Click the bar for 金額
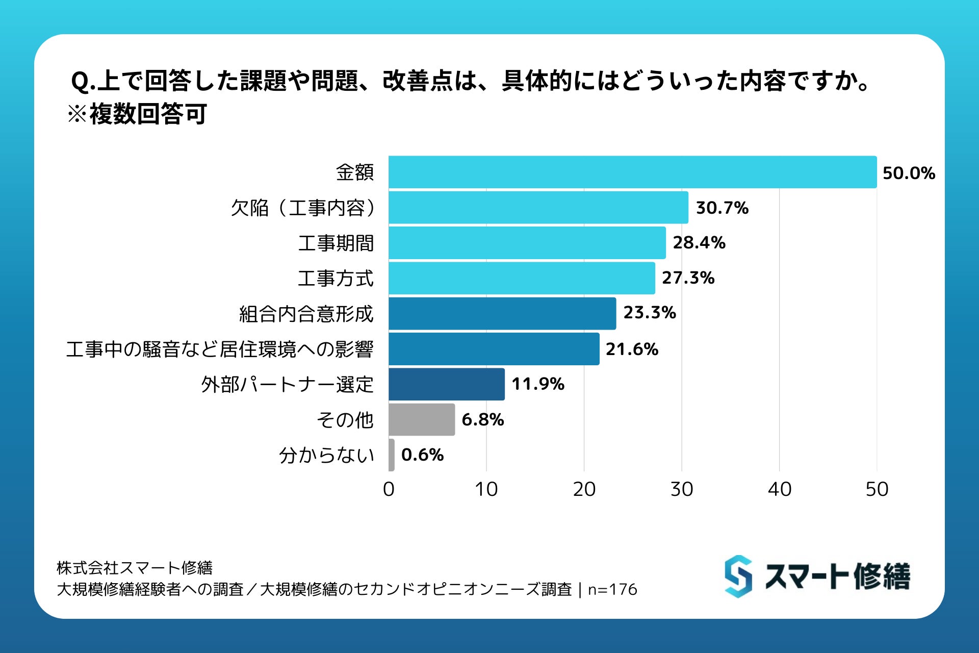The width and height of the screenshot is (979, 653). click(632, 172)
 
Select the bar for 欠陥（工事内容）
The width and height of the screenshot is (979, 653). click(538, 208)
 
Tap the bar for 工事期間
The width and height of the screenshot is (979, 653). click(527, 243)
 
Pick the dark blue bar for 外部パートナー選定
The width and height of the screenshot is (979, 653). click(446, 384)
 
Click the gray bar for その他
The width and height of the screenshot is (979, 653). click(421, 419)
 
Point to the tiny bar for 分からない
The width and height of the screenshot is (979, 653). click(391, 455)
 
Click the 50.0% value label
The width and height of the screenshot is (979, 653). click(909, 173)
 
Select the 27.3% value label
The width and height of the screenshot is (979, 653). click(688, 278)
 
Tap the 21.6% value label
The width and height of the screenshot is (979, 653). click(632, 349)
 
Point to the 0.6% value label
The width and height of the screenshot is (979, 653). click(422, 455)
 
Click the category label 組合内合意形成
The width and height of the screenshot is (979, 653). click(306, 314)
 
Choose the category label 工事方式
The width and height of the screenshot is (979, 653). click(336, 279)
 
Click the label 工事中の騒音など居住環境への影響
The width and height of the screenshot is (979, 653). click(220, 349)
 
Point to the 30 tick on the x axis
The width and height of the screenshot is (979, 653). click(682, 489)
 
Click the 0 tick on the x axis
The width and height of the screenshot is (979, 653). click(389, 489)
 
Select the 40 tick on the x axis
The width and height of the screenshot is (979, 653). click(779, 489)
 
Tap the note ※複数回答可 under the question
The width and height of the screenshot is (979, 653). click(137, 114)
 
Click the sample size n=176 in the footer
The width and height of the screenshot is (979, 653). click(612, 590)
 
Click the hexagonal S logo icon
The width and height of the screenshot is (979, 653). click(738, 576)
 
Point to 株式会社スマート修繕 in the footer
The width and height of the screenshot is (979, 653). click(135, 568)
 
